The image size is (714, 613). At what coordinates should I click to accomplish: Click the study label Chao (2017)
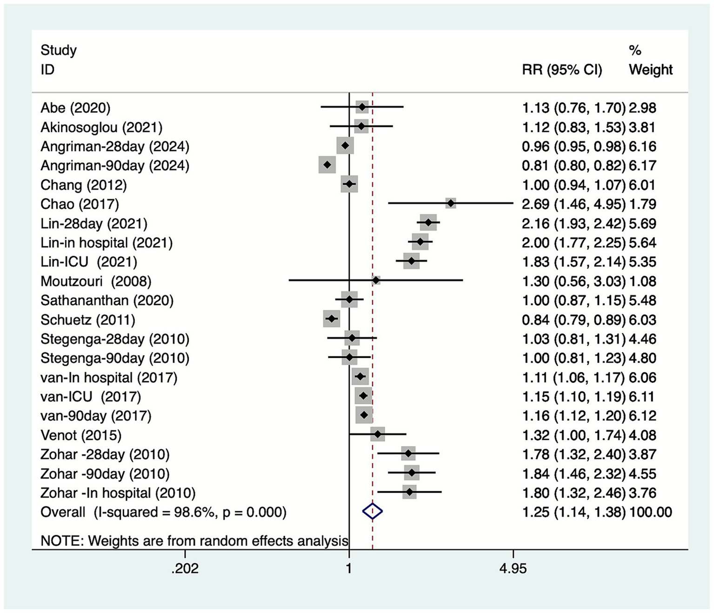click(80, 204)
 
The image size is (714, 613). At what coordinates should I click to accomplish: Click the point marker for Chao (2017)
click(450, 204)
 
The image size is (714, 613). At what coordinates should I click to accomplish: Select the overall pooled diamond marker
click(372, 512)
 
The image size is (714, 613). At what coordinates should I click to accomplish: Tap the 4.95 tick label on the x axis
click(513, 568)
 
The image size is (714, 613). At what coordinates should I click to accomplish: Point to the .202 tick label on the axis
click(185, 568)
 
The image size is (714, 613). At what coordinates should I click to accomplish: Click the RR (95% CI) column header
click(562, 70)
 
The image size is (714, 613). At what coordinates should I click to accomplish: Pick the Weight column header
click(650, 70)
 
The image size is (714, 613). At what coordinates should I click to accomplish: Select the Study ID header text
click(58, 59)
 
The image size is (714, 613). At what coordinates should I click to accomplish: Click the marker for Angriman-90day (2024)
click(327, 165)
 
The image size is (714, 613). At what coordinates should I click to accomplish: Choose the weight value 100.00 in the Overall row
click(650, 512)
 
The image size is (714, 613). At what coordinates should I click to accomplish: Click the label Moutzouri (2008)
click(96, 281)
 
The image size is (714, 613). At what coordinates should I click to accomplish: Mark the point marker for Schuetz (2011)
click(332, 319)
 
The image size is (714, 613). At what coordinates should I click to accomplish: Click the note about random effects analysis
click(194, 541)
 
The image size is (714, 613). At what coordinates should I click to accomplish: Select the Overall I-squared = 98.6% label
click(163, 512)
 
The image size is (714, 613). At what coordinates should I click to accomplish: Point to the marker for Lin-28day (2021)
click(428, 223)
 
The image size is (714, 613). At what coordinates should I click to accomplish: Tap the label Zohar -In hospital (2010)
click(118, 493)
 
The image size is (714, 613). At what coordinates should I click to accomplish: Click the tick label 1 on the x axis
click(349, 568)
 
